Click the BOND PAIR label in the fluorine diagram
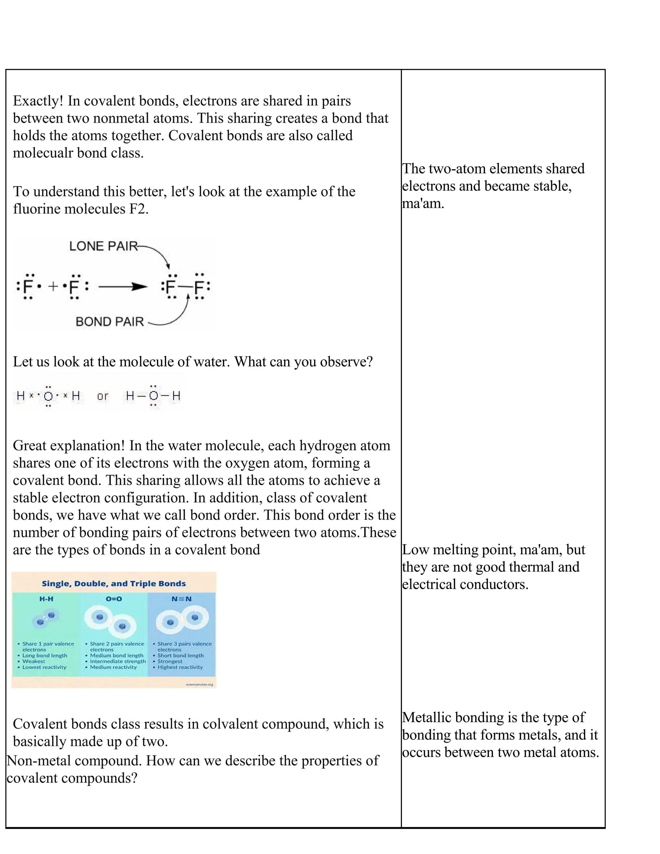110,322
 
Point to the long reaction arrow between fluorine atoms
123,287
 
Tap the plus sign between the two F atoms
53,286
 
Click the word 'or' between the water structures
102,396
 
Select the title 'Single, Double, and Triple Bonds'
114,584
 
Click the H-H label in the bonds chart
46,599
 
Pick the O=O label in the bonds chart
114,599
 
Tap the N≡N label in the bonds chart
181,599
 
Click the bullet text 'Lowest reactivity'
44,667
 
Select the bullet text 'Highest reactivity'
180,667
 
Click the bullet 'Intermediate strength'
118,661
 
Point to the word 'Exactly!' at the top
38,101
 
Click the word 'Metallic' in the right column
427,718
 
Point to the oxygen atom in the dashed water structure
154,396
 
